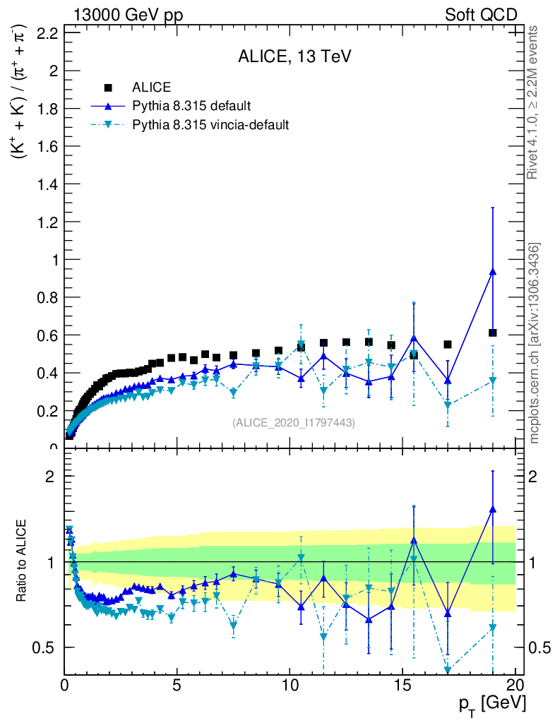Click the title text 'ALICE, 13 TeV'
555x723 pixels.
click(294, 57)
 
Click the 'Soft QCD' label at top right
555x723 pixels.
click(481, 15)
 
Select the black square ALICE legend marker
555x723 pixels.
click(108, 88)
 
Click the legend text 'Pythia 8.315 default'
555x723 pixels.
click(191, 106)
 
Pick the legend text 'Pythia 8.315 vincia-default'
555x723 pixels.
click(210, 124)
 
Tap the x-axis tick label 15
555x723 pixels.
click(402, 686)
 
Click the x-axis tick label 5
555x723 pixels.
click(177, 686)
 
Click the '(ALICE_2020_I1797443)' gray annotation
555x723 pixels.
click(294, 422)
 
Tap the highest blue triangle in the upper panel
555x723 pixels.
click(492, 272)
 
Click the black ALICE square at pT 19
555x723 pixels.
click(492, 333)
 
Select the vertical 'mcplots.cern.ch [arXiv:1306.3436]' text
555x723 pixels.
click(535, 342)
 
